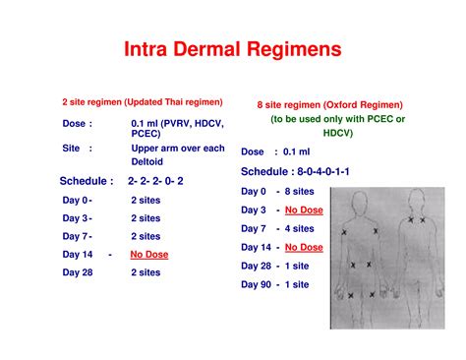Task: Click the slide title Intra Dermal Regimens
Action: (x=232, y=49)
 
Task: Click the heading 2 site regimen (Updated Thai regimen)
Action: (x=143, y=101)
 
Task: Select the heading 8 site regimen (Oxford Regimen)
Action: (x=330, y=104)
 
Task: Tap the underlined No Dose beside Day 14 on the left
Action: (x=149, y=255)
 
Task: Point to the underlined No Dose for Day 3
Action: (x=305, y=210)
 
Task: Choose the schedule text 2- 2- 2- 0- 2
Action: (x=155, y=181)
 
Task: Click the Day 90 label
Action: (x=255, y=284)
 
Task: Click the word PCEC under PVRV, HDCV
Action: (x=145, y=135)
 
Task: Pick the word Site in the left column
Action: (x=71, y=149)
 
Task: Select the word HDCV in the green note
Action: (x=338, y=132)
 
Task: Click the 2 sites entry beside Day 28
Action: (x=146, y=272)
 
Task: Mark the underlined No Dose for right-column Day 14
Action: (x=305, y=247)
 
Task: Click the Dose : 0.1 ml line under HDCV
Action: (x=266, y=152)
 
